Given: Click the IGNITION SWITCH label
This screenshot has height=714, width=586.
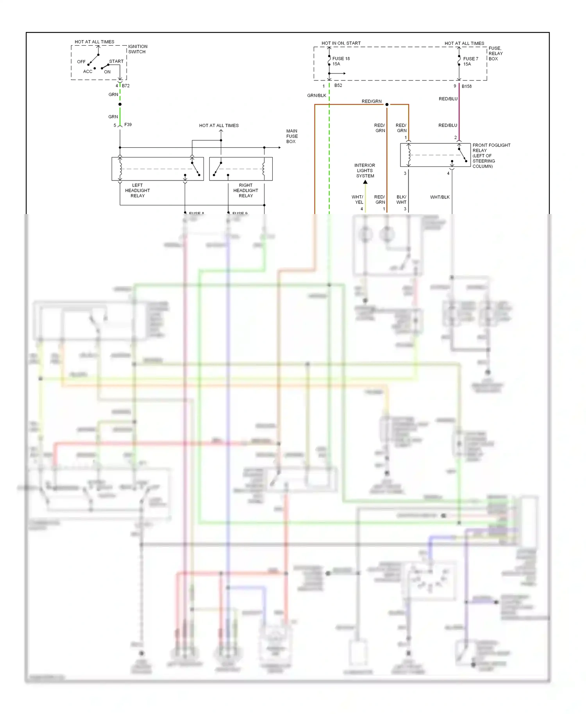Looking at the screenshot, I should pyautogui.click(x=138, y=49).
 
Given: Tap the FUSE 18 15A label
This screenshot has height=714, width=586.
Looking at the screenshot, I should pyautogui.click(x=341, y=61).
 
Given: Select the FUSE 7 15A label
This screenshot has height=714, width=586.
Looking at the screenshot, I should pyautogui.click(x=470, y=61).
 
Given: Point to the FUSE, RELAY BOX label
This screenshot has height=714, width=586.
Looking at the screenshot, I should pyautogui.click(x=495, y=54).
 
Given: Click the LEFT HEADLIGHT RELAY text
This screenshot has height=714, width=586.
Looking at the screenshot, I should pyautogui.click(x=138, y=191).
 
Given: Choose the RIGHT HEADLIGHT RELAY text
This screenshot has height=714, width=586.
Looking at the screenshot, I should pyautogui.click(x=246, y=191).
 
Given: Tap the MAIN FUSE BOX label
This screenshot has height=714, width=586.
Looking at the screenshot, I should pyautogui.click(x=292, y=136).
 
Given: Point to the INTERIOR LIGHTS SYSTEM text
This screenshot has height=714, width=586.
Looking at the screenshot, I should pyautogui.click(x=365, y=171).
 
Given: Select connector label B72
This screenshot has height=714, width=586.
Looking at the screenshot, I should pyautogui.click(x=126, y=86).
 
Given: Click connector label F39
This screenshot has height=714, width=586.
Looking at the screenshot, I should pyautogui.click(x=128, y=125).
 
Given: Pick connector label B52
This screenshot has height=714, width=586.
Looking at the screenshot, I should pyautogui.click(x=338, y=86).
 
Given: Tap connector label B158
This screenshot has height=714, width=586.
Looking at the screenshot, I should pyautogui.click(x=466, y=86).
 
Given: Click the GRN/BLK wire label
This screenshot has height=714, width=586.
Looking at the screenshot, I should pyautogui.click(x=316, y=96).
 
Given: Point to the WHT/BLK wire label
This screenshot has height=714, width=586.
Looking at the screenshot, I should pyautogui.click(x=439, y=197).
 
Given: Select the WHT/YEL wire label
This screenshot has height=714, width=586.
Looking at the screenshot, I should pyautogui.click(x=358, y=200).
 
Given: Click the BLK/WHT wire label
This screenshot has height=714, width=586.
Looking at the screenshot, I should pyautogui.click(x=401, y=200).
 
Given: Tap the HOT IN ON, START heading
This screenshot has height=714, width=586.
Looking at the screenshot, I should pyautogui.click(x=341, y=43).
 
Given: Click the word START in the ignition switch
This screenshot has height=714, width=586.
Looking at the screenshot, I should pyautogui.click(x=116, y=62).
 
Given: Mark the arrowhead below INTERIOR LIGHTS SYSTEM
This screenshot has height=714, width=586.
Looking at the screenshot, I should pyautogui.click(x=365, y=182).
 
